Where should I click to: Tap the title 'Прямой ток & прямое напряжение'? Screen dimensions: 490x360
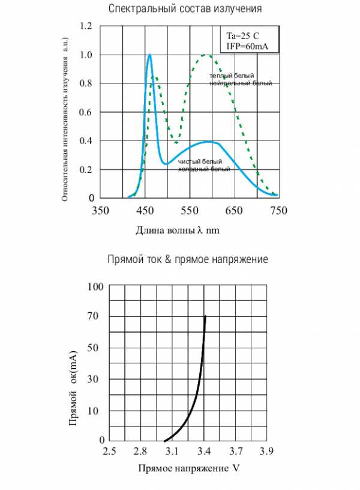point(187,259)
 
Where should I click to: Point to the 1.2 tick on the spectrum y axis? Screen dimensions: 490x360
point(87,26)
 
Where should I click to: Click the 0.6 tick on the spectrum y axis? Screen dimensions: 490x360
point(87,112)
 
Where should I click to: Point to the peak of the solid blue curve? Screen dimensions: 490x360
point(149,55)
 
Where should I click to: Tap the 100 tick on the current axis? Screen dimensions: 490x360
point(96,286)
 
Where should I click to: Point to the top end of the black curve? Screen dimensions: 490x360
point(205,316)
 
